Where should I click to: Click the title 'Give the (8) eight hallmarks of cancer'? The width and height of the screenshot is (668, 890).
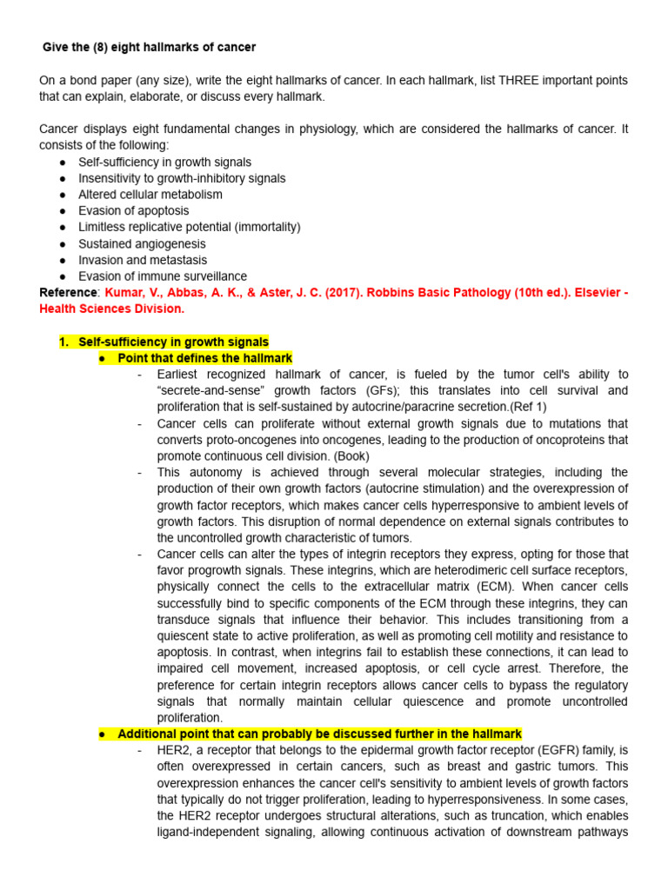click(x=150, y=46)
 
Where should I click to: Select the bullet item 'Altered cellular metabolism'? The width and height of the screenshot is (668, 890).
click(x=150, y=195)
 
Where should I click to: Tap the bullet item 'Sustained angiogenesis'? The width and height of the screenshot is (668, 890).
click(x=142, y=243)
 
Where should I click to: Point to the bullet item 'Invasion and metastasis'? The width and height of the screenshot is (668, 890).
click(x=143, y=260)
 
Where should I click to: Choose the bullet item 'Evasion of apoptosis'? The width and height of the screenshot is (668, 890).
click(x=133, y=210)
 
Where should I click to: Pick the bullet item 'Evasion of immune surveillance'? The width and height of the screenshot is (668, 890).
click(x=163, y=276)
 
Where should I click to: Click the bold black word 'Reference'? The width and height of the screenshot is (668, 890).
click(x=69, y=293)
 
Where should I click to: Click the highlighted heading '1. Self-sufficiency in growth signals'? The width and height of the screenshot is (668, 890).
click(x=164, y=342)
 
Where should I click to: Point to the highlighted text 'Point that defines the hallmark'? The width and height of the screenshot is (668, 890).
click(x=205, y=358)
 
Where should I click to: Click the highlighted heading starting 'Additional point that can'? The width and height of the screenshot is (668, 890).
click(x=319, y=734)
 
